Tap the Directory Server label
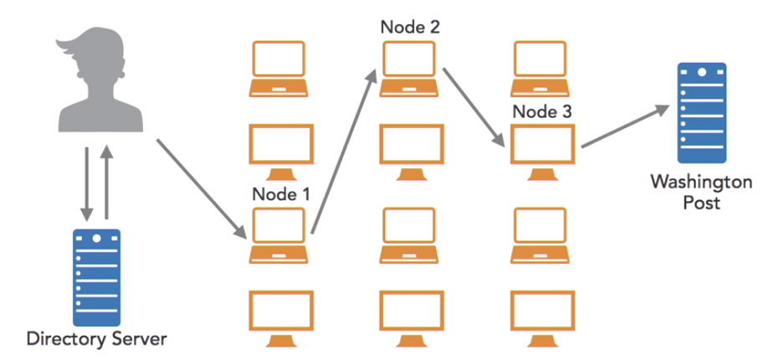[x=97, y=340]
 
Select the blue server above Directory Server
[x=96, y=277]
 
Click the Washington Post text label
[x=701, y=190]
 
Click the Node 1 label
[x=281, y=194]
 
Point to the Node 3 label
[x=541, y=111]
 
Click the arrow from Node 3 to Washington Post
[x=623, y=126]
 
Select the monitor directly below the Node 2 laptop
[x=410, y=151]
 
